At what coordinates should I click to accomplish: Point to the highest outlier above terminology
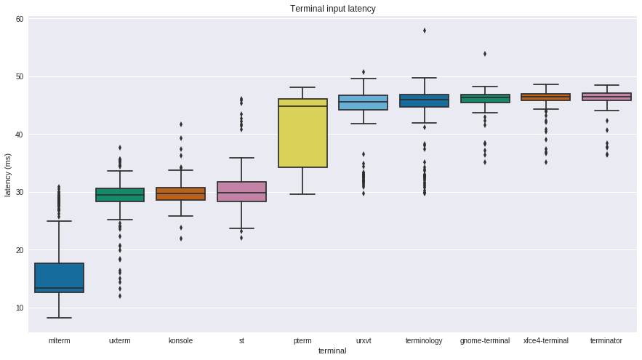425,31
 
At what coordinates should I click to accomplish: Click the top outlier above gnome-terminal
485,54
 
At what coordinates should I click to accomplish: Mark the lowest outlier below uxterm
120,296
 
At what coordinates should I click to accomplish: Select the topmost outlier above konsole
181,124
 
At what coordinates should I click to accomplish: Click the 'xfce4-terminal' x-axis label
546,340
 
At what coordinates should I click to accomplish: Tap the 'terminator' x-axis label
606,340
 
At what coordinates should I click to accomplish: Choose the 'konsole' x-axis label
180,340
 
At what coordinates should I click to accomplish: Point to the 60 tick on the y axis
19,19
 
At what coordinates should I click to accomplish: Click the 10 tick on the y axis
19,308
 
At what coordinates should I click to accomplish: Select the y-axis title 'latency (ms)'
8,175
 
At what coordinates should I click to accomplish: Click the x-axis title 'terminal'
332,351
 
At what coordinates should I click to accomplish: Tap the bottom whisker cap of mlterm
59,318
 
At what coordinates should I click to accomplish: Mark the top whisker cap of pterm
302,87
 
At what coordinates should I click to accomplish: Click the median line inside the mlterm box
59,288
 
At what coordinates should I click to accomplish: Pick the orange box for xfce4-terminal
546,97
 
